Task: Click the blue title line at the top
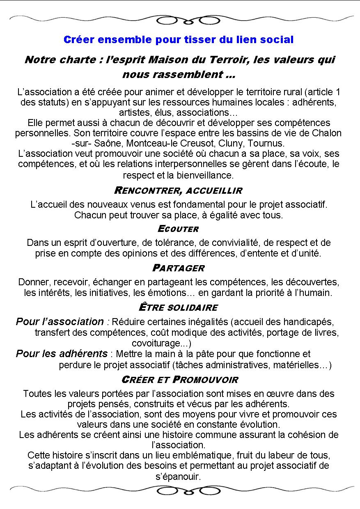[x=179, y=40]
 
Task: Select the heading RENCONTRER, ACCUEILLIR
[x=178, y=190]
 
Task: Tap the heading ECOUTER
[x=178, y=229]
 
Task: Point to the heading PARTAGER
[x=178, y=268]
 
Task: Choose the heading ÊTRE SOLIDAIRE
[x=178, y=307]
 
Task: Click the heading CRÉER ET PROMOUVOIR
[x=180, y=379]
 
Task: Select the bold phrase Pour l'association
[x=60, y=321]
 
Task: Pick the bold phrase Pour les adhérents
[x=62, y=354]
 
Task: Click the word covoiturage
[x=156, y=343]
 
